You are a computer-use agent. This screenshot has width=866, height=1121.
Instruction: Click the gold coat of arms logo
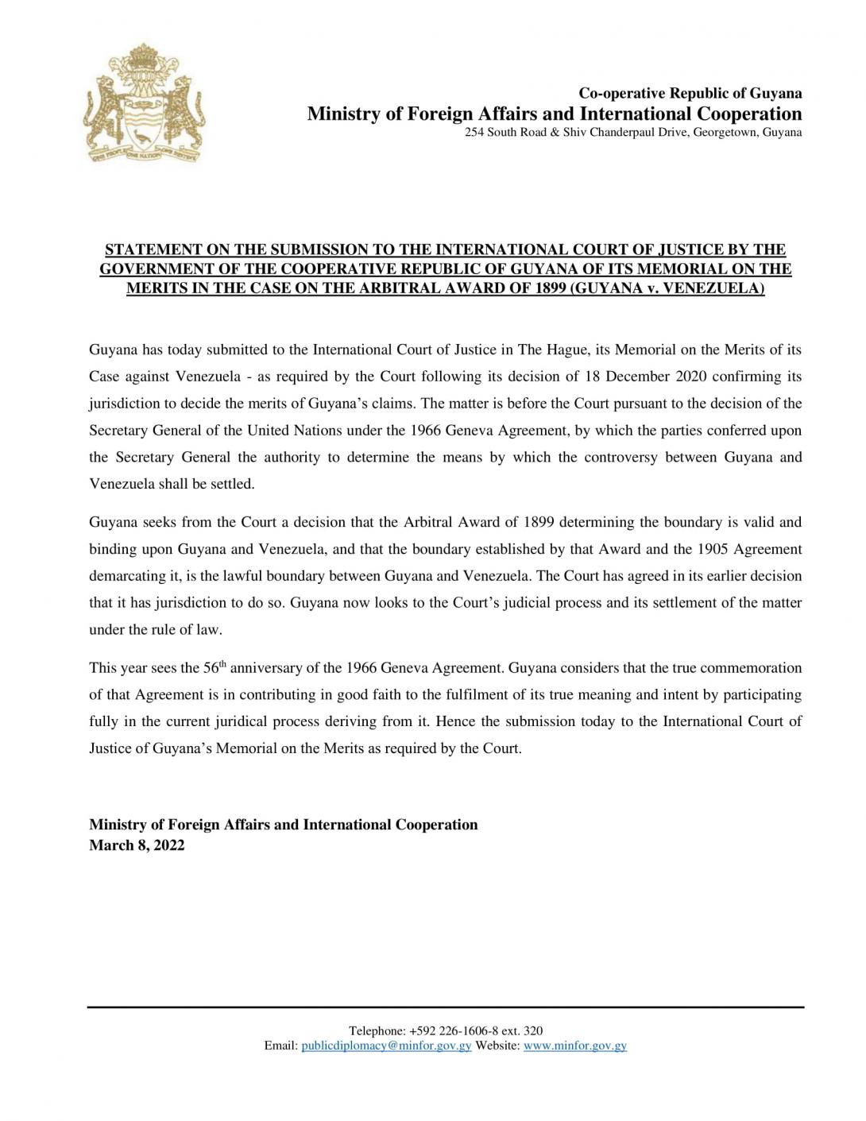(x=143, y=103)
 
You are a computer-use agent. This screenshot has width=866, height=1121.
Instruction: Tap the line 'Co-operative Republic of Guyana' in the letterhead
(x=690, y=93)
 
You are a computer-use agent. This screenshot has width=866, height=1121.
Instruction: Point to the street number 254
(x=474, y=132)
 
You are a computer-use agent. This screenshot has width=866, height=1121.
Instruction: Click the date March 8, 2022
(x=137, y=845)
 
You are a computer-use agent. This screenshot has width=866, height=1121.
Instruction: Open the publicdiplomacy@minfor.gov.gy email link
(x=386, y=1046)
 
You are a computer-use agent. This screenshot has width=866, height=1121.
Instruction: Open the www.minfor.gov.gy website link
(x=575, y=1046)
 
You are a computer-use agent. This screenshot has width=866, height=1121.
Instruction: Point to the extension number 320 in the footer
(x=533, y=1030)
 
